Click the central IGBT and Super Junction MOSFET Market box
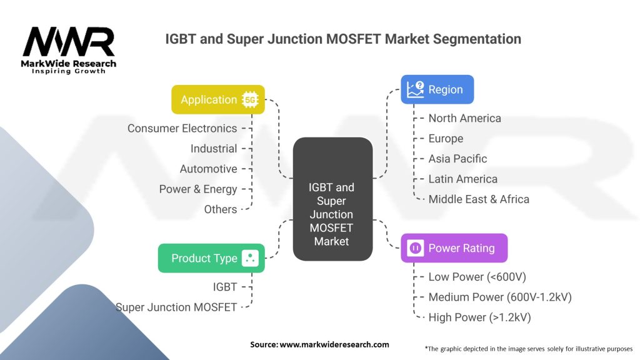pos(332,199)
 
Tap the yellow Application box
pos(218,99)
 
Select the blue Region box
pos(437,89)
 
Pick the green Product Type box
pos(211,258)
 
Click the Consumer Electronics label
pos(182,128)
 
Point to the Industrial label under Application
pos(214,149)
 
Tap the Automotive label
pos(208,169)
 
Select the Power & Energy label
pos(198,189)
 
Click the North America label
pos(464,118)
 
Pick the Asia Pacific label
pos(457,159)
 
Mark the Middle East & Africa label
pos(479,199)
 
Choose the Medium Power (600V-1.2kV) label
pos(500,297)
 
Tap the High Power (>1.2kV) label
pos(479,317)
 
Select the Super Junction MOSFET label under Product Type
pos(176,307)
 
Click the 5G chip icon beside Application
pos(251,99)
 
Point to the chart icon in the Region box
pos(415,89)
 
